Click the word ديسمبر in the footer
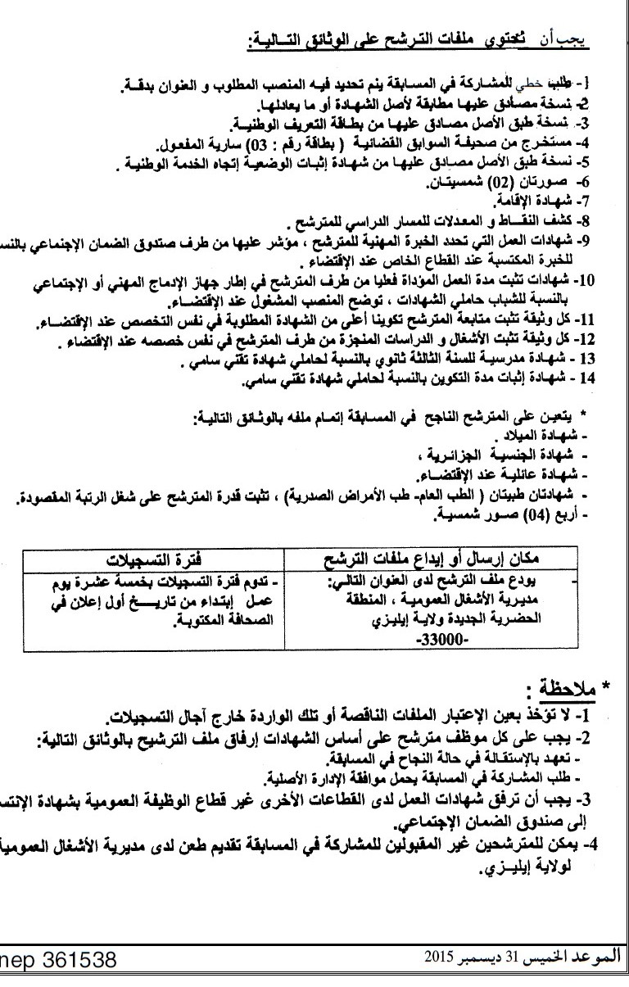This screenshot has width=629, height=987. coord(482,956)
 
